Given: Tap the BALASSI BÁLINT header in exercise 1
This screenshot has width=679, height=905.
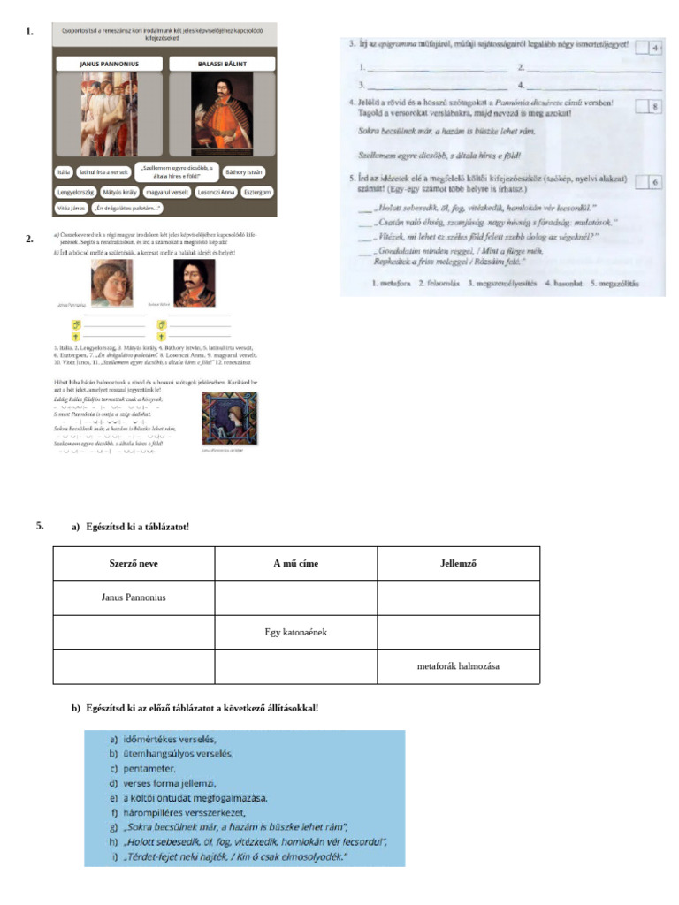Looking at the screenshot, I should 221,65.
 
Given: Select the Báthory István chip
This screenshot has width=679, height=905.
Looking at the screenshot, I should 244,172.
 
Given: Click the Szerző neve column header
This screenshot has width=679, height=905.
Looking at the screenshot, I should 134,563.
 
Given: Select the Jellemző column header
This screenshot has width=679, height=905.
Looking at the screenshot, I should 458,563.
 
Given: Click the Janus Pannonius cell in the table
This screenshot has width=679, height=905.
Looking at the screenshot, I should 134,597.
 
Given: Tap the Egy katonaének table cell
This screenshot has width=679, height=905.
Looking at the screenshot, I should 296,632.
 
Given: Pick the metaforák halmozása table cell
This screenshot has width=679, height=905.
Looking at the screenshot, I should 458,665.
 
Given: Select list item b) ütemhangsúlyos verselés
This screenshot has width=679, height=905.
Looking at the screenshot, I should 172,754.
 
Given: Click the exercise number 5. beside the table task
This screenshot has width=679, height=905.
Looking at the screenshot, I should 40,525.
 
